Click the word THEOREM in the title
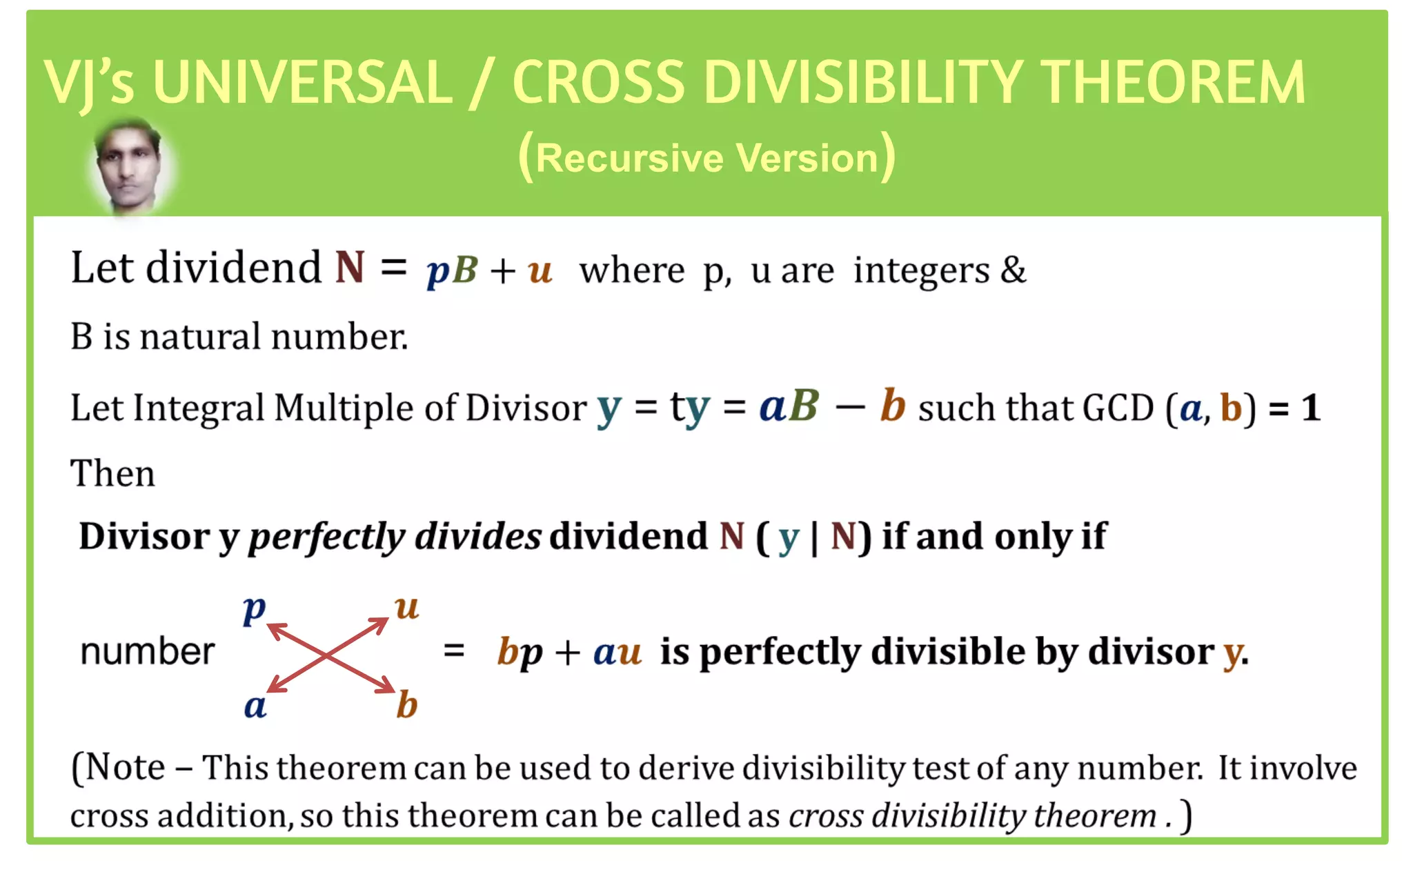click(x=1172, y=83)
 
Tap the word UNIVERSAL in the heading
click(x=303, y=83)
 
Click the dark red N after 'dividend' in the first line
click(x=350, y=268)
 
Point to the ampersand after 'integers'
click(x=1012, y=270)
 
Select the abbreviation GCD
click(x=1118, y=408)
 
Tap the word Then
click(x=112, y=474)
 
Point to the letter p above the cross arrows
click(x=254, y=609)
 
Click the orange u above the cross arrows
click(x=407, y=608)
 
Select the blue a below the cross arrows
click(x=255, y=706)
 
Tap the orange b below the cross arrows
click(x=407, y=705)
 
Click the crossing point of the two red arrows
click(x=327, y=655)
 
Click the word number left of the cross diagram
click(x=148, y=652)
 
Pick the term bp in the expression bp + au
click(x=520, y=652)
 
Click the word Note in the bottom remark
click(x=125, y=768)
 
